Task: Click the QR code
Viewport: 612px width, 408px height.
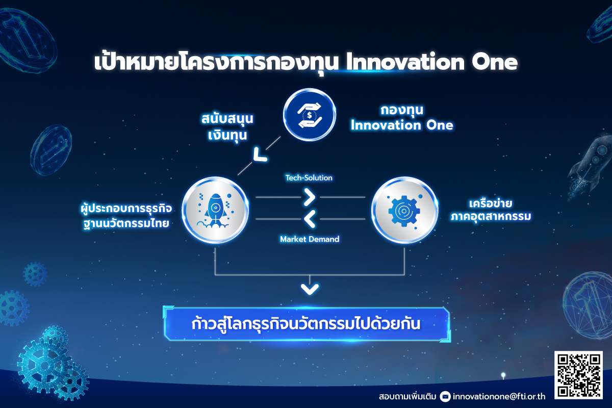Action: pyautogui.click(x=578, y=375)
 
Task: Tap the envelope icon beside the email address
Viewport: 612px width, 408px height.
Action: pyautogui.click(x=445, y=396)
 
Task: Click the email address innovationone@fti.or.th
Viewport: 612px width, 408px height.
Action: pyautogui.click(x=499, y=396)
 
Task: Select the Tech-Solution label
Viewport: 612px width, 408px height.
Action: pyautogui.click(x=309, y=178)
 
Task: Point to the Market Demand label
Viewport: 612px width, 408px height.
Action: pyautogui.click(x=310, y=239)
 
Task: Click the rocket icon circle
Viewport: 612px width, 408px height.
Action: pyautogui.click(x=215, y=210)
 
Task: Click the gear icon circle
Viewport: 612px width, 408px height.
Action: pyautogui.click(x=404, y=210)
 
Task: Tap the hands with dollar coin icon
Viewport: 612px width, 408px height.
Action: pyautogui.click(x=310, y=115)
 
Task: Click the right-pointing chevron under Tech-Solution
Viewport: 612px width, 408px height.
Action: pyautogui.click(x=310, y=197)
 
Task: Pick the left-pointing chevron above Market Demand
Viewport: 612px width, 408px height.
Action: pyautogui.click(x=310, y=219)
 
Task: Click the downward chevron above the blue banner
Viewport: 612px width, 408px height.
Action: pyautogui.click(x=310, y=289)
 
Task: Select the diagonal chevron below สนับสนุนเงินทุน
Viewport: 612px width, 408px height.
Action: pyautogui.click(x=260, y=155)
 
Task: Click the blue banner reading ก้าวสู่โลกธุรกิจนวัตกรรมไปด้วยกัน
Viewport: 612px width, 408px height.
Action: pyautogui.click(x=307, y=324)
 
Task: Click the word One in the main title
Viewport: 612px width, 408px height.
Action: pyautogui.click(x=495, y=62)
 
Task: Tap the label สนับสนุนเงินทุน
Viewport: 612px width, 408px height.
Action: pyautogui.click(x=227, y=127)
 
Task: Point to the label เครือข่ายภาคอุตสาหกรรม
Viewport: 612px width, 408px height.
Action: pyautogui.click(x=491, y=210)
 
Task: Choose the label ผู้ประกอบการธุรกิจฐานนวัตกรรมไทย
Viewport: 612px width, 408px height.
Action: pyautogui.click(x=126, y=216)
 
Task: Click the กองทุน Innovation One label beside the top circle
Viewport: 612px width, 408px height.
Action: pyautogui.click(x=402, y=118)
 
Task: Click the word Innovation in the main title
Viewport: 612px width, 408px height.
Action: pyautogui.click(x=405, y=62)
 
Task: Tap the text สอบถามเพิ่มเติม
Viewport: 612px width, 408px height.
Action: pyautogui.click(x=407, y=397)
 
